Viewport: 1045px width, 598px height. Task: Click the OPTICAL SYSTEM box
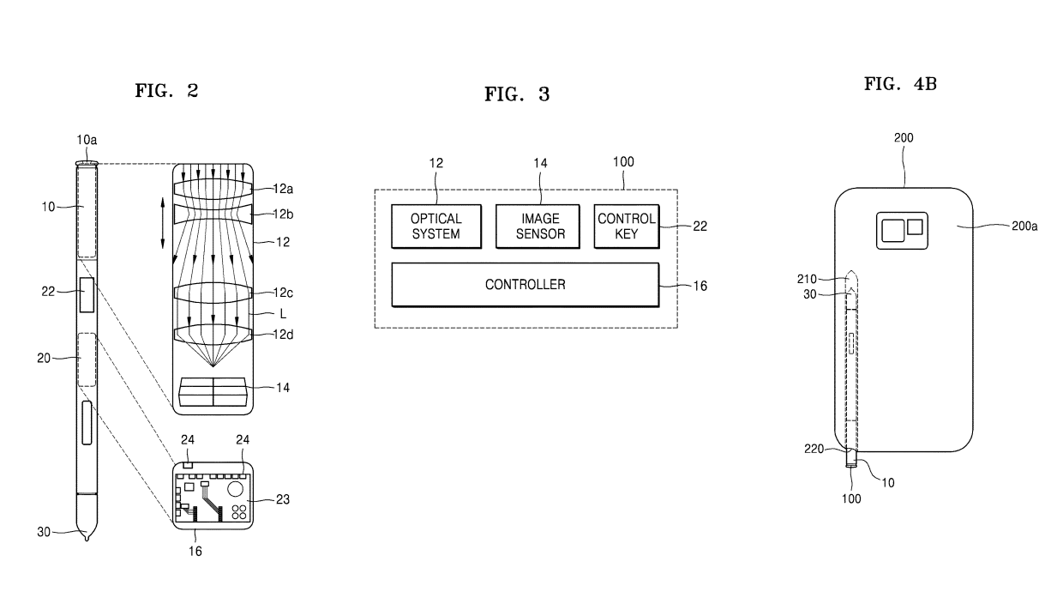[435, 227]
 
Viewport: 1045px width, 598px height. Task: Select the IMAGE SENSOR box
[540, 227]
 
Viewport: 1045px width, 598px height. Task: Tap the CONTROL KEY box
[626, 227]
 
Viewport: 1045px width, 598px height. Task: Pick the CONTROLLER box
[525, 284]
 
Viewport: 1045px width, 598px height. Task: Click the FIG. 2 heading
[167, 90]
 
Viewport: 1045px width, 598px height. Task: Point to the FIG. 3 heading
[517, 95]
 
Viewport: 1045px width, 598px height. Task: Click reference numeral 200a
[1024, 227]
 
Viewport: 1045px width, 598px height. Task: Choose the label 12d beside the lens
[282, 335]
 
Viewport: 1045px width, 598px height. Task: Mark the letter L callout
[283, 314]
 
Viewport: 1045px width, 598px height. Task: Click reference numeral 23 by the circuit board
[283, 498]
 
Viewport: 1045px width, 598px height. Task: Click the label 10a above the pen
[87, 139]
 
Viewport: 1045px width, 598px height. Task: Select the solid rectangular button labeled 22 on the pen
[87, 295]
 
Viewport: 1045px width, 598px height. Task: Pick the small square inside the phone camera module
[915, 227]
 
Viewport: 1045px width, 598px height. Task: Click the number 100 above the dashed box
[623, 161]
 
